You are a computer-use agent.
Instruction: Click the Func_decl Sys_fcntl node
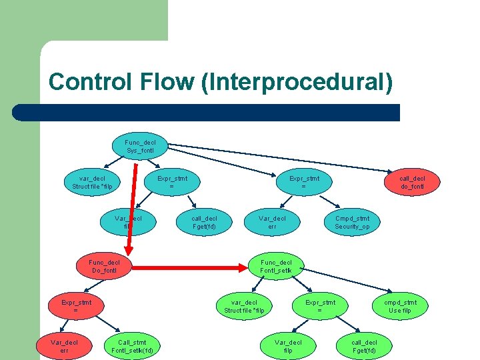coord(140,146)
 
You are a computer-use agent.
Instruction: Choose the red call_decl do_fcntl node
coord(411,182)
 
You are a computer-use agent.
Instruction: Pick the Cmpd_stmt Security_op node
coord(352,223)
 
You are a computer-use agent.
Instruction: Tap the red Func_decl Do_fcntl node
coord(105,267)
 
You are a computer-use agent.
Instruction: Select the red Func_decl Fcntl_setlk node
coord(276,267)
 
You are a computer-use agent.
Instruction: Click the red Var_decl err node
coord(64,347)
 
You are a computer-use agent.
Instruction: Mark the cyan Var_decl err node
coord(272,223)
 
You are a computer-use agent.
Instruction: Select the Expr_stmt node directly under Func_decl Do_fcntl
coord(75,307)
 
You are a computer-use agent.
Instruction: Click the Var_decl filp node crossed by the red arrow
coord(128,223)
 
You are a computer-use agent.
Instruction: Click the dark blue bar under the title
coord(207,112)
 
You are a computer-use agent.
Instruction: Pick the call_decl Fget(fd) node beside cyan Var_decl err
coord(204,223)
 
